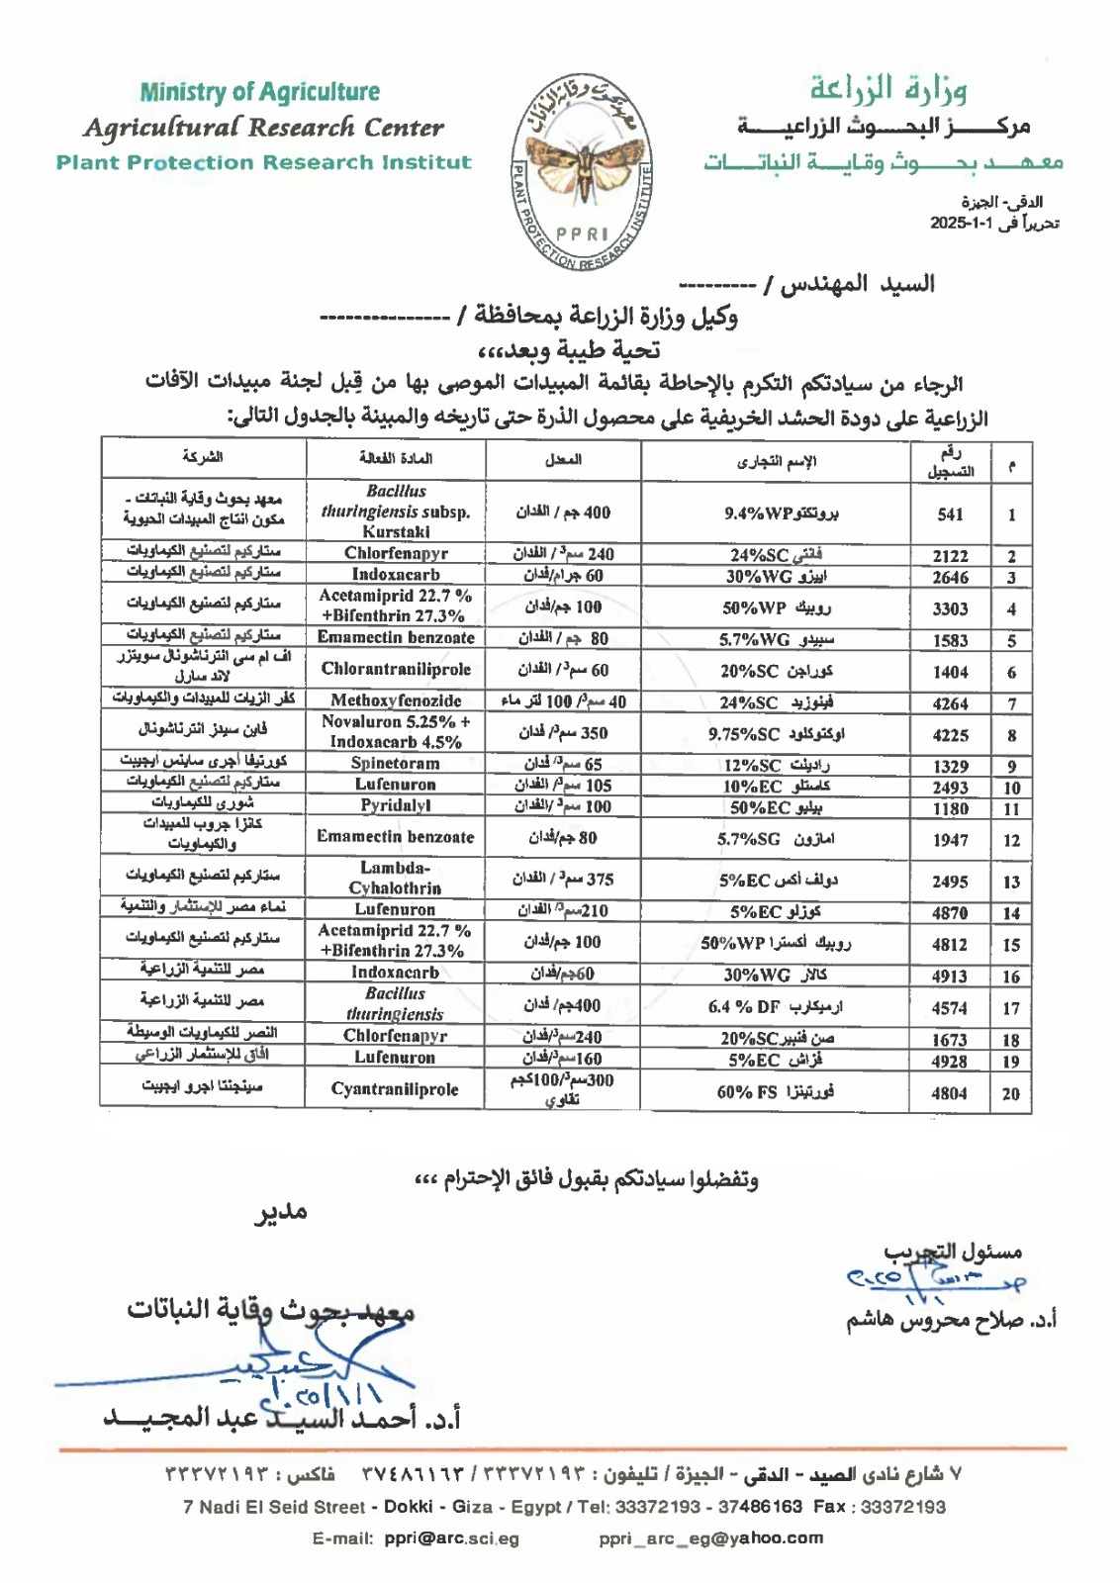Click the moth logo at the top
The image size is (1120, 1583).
pos(581,171)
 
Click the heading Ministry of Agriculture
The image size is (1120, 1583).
pos(259,92)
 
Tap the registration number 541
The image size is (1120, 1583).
pos(950,513)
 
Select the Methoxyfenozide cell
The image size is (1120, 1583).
pos(396,700)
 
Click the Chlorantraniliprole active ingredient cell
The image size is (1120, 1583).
pos(396,670)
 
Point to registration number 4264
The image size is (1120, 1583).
pos(950,703)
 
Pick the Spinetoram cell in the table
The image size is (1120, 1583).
pos(396,763)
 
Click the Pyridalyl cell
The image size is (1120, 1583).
pos(396,805)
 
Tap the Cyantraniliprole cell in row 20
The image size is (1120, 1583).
pos(396,1089)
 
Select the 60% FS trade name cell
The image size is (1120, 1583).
pos(775,1091)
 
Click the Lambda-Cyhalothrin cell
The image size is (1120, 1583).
pos(396,878)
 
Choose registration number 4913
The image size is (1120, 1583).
pos(950,976)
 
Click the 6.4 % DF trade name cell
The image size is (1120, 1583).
pos(775,1007)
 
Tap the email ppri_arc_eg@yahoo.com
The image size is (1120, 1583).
pos(710,1538)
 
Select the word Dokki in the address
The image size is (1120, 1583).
pos(408,1507)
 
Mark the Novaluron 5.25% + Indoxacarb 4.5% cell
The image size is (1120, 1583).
pos(396,732)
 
